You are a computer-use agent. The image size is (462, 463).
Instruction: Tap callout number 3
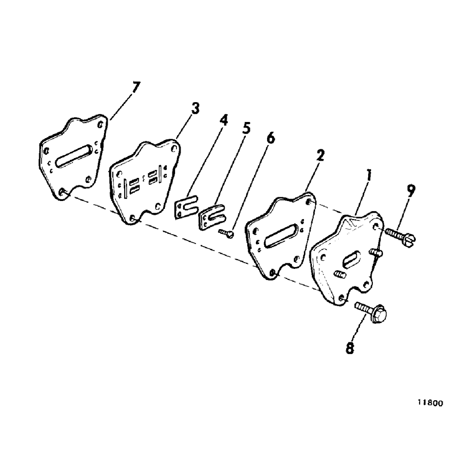[195, 110]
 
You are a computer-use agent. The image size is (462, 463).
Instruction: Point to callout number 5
[245, 128]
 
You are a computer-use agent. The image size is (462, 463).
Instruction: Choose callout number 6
[271, 139]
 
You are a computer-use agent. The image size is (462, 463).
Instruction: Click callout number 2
[320, 156]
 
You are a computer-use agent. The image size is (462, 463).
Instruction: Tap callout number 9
[411, 190]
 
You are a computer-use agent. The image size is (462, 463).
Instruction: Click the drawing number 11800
[430, 402]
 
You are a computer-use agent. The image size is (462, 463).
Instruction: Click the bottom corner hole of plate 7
[62, 190]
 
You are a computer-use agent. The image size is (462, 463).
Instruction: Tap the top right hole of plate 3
[173, 148]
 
